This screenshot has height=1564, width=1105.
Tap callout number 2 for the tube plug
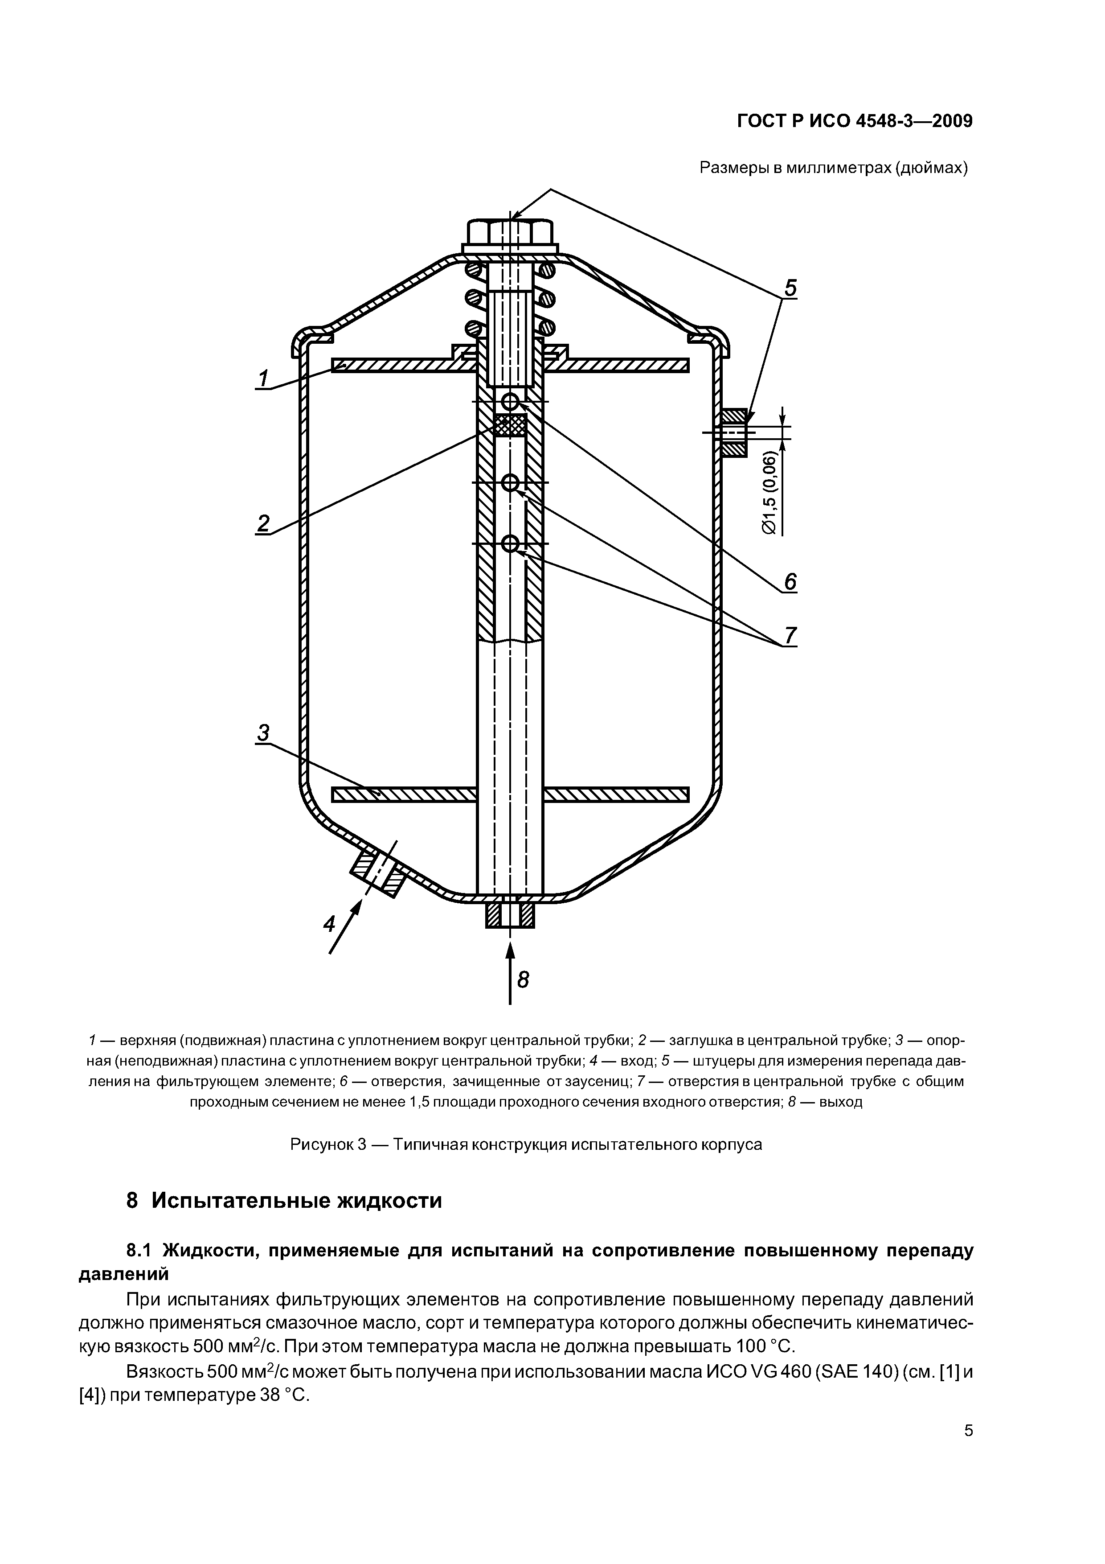(x=263, y=523)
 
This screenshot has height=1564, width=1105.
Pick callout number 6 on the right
(x=790, y=582)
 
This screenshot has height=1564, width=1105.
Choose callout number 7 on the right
(x=790, y=636)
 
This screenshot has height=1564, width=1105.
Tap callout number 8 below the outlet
(x=523, y=980)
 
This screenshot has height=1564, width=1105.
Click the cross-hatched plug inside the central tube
(x=510, y=426)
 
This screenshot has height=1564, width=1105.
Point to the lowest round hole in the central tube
(x=510, y=543)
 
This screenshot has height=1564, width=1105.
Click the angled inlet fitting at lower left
(x=378, y=873)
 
